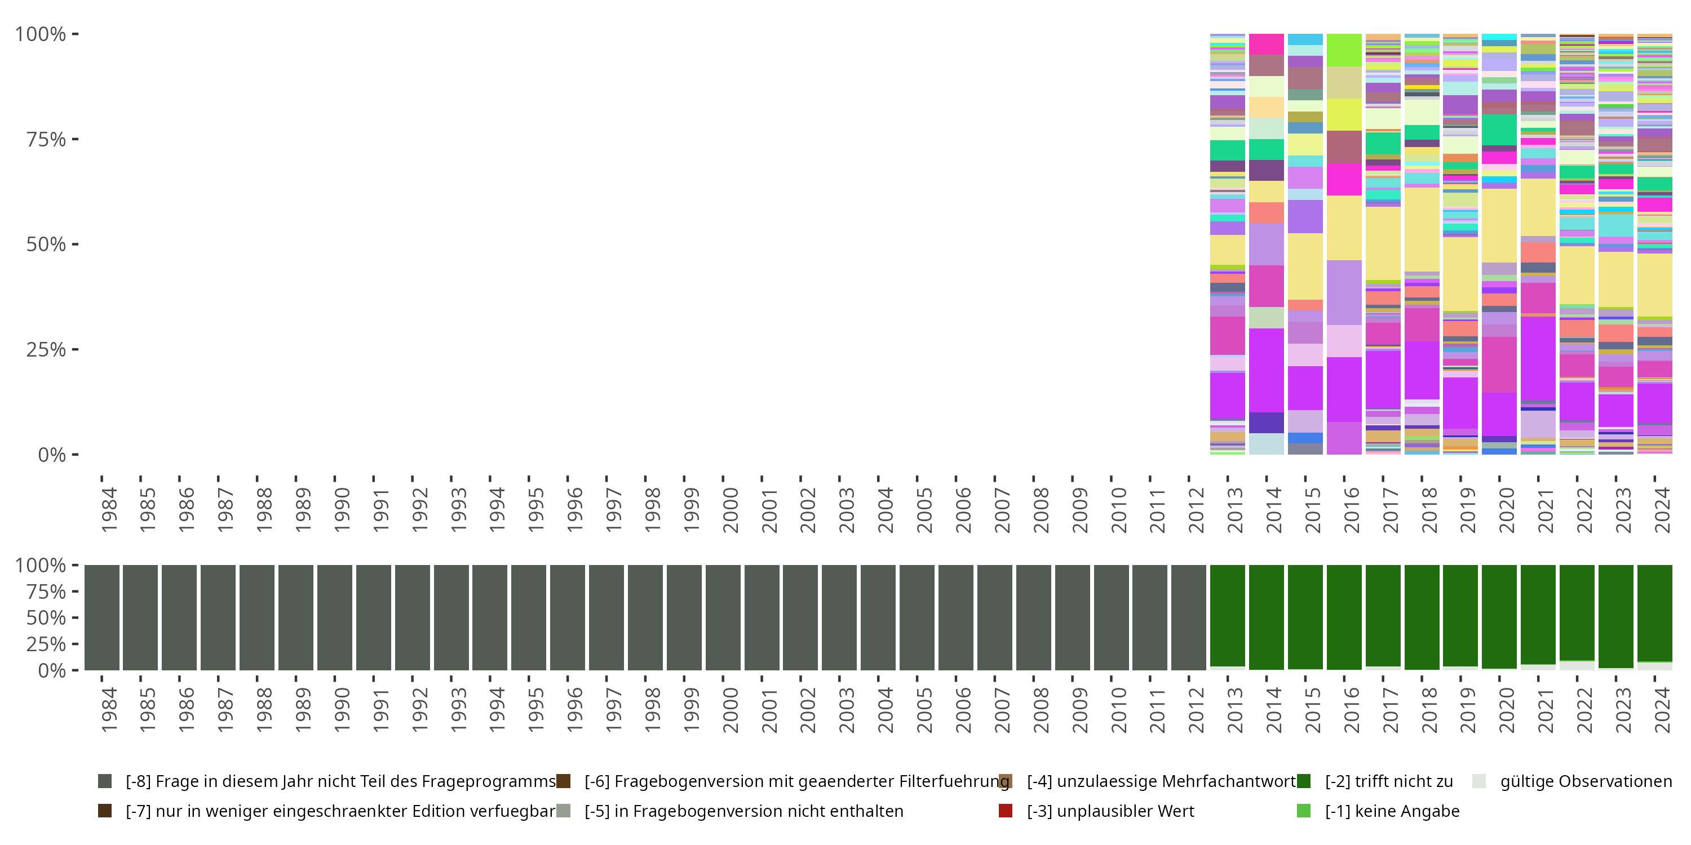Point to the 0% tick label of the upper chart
pyautogui.click(x=52, y=455)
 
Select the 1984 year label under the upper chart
pyautogui.click(x=109, y=510)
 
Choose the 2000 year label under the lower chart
pyautogui.click(x=730, y=710)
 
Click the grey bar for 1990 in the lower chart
pyautogui.click(x=335, y=617)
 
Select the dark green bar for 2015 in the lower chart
pyautogui.click(x=1305, y=617)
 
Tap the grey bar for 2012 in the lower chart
pyautogui.click(x=1189, y=617)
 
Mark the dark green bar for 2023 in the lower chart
pyautogui.click(x=1615, y=617)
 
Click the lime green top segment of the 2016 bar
pyautogui.click(x=1344, y=50)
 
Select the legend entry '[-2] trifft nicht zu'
pyautogui.click(x=1388, y=781)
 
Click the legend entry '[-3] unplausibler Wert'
pyautogui.click(x=1110, y=811)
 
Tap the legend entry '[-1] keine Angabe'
pyautogui.click(x=1392, y=811)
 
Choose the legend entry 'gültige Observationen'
pyautogui.click(x=1585, y=781)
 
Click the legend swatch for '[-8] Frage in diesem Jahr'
pyautogui.click(x=105, y=781)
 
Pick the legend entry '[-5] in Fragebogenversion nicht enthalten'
pyautogui.click(x=743, y=811)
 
